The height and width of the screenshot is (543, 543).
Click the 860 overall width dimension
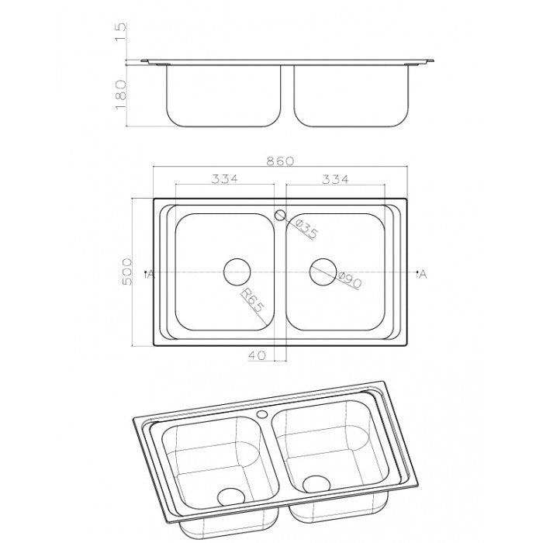[x=280, y=161]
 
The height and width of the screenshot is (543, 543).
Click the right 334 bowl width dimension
[x=335, y=179]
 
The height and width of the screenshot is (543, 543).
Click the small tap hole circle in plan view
[x=281, y=215]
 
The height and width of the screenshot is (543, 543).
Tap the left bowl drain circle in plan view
[x=237, y=272]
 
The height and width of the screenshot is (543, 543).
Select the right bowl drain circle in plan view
[x=323, y=272]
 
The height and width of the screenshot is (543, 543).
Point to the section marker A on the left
[x=149, y=274]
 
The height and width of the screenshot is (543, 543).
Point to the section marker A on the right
[x=421, y=274]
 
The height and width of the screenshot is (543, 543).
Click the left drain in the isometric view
[x=229, y=495]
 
